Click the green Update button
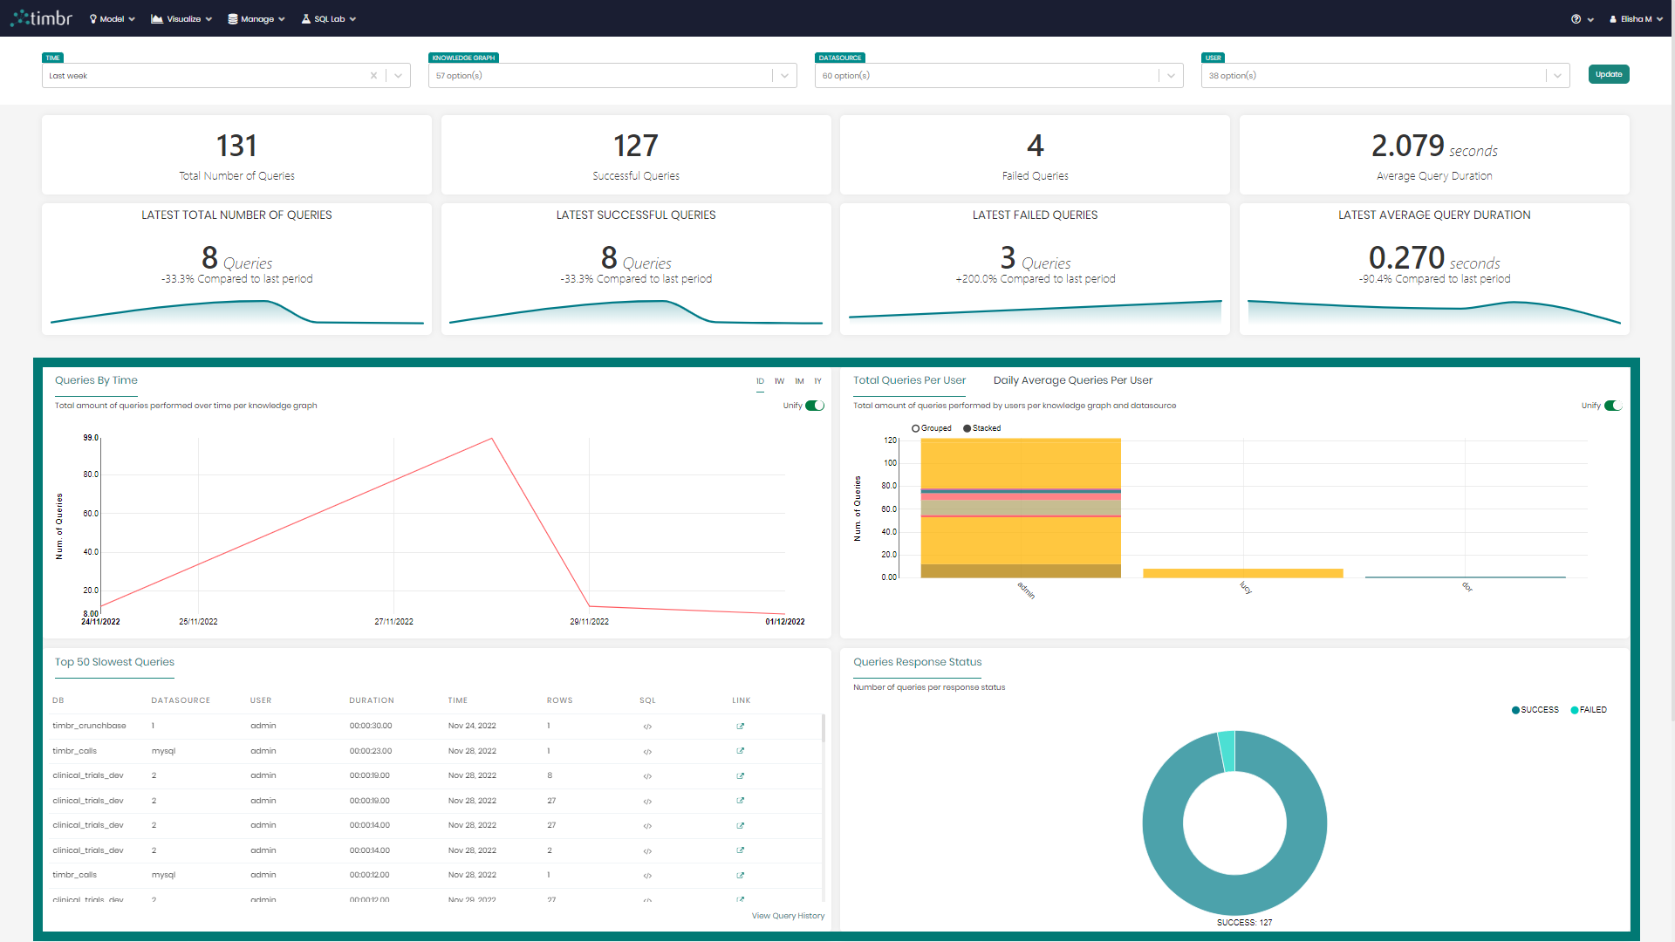point(1608,75)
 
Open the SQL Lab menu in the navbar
point(329,19)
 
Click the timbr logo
point(42,18)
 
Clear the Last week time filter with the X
point(373,76)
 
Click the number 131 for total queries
point(236,146)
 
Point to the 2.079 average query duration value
point(1407,146)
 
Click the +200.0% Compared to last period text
point(1035,279)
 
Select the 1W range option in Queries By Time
point(779,381)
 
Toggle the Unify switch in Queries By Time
point(814,406)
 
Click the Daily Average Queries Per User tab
point(1072,380)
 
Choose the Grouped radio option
point(916,428)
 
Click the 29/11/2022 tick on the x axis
point(589,622)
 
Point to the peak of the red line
point(492,439)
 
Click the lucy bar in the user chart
point(1242,573)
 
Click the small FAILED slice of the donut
point(1227,751)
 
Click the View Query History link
point(788,916)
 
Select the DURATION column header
point(372,700)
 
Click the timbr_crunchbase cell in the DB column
point(89,726)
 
